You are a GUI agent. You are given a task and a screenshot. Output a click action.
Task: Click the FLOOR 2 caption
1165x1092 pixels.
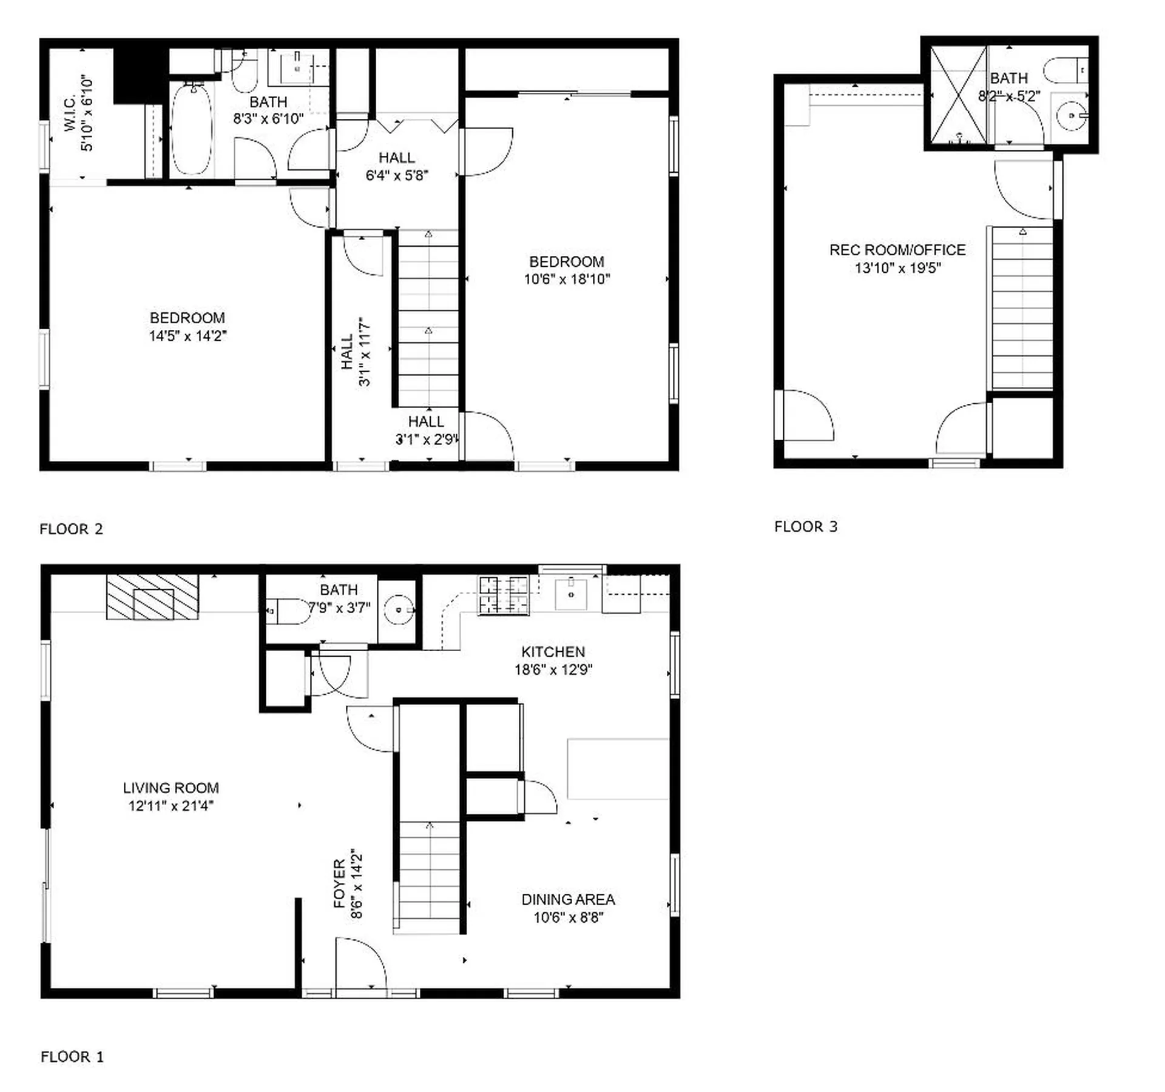click(71, 529)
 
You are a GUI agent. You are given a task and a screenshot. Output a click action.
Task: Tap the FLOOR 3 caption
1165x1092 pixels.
click(806, 527)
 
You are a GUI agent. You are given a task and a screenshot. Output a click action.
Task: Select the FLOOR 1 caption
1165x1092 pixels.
click(72, 1057)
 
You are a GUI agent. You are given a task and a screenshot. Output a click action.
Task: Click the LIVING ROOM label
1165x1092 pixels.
click(171, 788)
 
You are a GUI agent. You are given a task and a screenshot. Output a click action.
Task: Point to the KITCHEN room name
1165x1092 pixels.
click(553, 652)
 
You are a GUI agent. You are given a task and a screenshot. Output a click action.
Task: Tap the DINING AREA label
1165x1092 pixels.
click(569, 899)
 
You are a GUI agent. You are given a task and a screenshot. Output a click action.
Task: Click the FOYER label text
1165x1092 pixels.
click(340, 883)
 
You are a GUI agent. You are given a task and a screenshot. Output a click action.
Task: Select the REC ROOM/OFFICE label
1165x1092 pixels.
click(897, 250)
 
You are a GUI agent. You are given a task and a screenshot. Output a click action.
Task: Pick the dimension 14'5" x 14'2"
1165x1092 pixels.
click(187, 336)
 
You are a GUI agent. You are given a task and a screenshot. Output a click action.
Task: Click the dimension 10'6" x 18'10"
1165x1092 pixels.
click(567, 280)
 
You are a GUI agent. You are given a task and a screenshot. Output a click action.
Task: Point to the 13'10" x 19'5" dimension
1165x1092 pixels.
click(897, 268)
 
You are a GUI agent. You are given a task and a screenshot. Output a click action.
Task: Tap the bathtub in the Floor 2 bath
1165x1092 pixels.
click(192, 129)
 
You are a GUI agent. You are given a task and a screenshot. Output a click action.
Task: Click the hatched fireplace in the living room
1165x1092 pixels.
click(152, 597)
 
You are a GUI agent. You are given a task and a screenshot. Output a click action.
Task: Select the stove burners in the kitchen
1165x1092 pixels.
click(503, 595)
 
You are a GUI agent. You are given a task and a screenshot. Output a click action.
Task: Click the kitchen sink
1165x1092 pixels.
click(571, 594)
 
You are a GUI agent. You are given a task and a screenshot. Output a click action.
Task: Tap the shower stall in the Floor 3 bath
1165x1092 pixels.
click(959, 95)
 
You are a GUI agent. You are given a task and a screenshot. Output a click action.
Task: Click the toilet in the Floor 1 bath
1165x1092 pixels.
click(288, 611)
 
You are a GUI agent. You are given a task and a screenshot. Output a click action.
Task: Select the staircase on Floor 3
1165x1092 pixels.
click(1022, 308)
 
